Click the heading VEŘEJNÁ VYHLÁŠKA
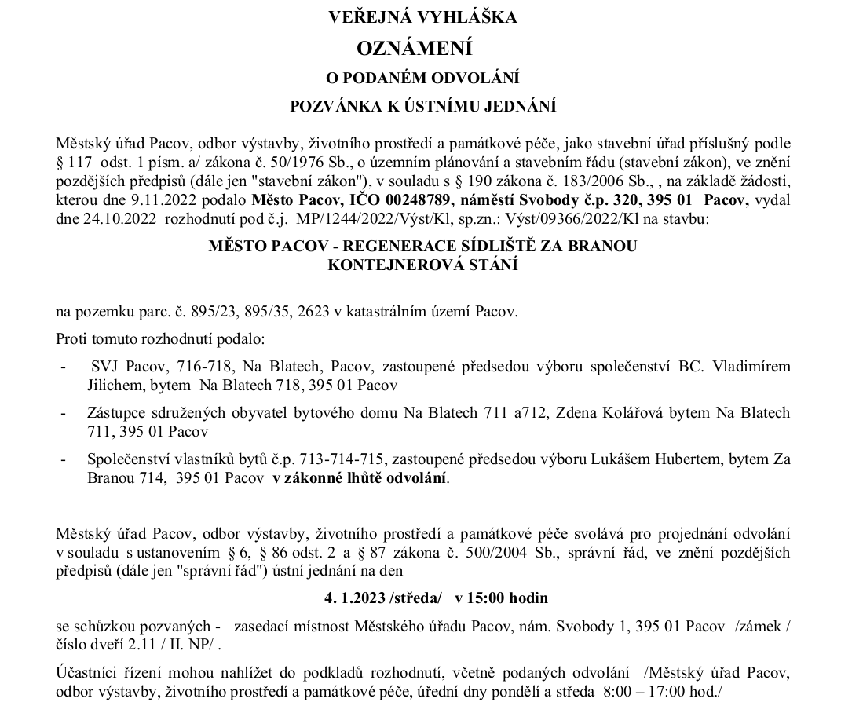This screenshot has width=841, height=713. coord(422,17)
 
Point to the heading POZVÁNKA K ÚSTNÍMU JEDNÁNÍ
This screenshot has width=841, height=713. coord(423,105)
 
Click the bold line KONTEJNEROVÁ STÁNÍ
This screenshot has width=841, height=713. coord(422,265)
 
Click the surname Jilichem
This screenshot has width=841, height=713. coord(113,385)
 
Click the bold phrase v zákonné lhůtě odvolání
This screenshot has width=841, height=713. coord(360,477)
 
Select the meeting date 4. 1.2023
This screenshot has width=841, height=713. coord(354,598)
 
